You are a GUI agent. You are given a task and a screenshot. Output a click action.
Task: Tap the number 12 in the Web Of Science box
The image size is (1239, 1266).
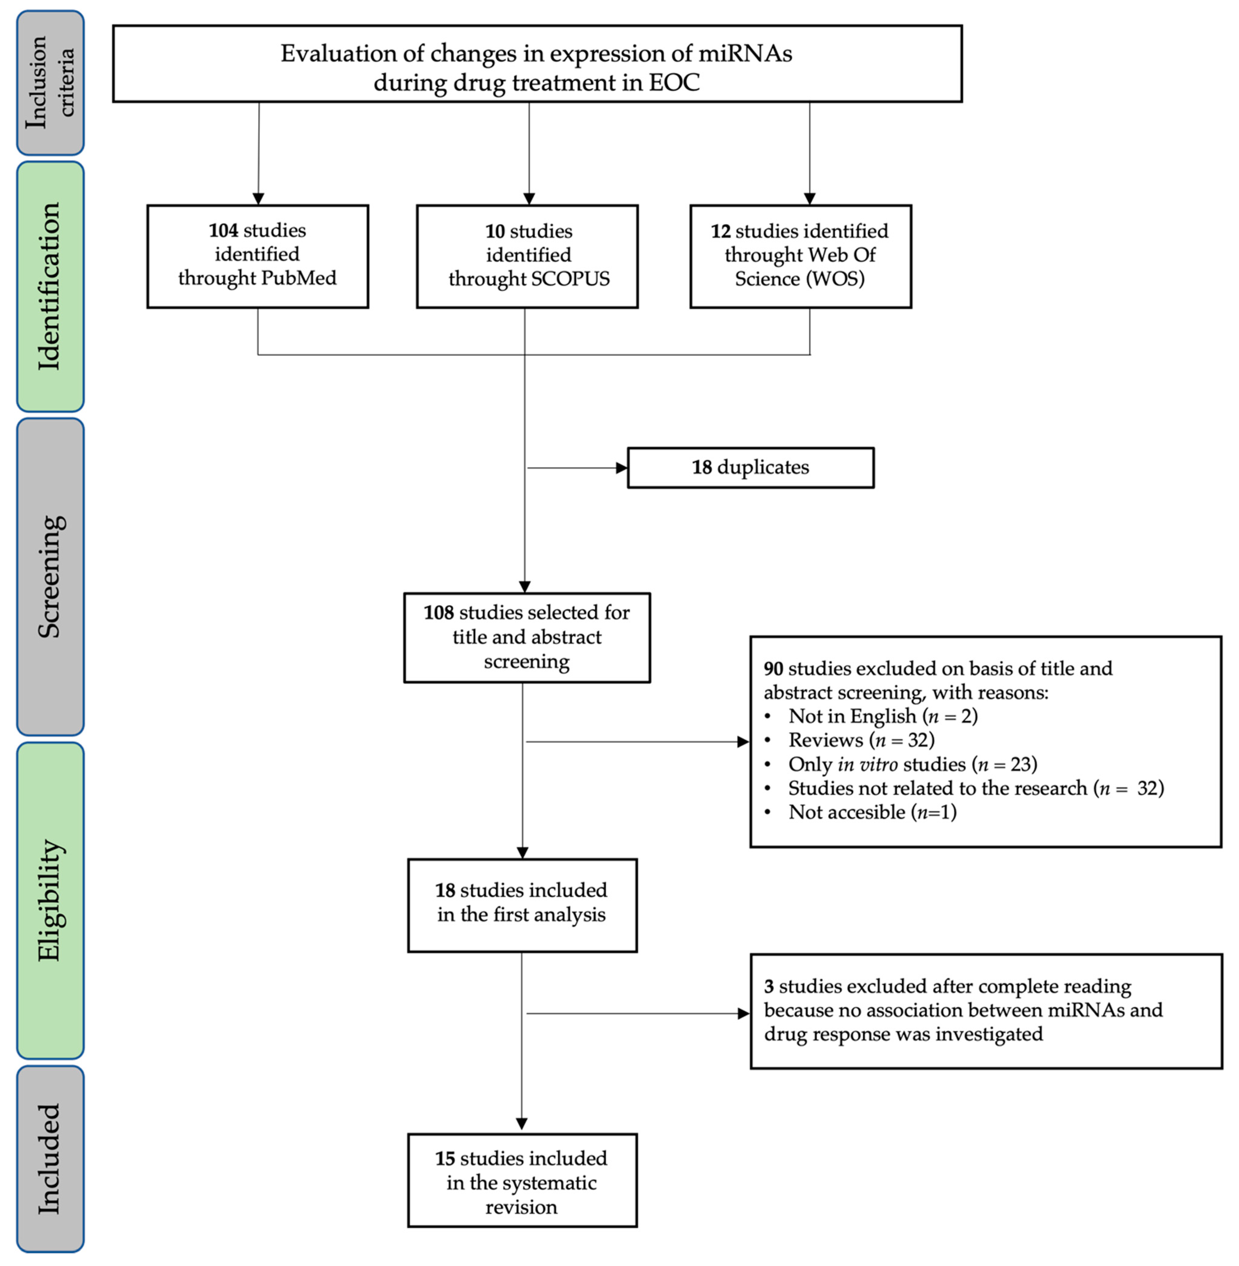pos(720,231)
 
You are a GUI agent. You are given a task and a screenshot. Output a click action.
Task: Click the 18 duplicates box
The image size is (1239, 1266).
pos(750,467)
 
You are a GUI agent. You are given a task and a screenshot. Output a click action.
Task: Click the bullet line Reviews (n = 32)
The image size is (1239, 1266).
pos(861,740)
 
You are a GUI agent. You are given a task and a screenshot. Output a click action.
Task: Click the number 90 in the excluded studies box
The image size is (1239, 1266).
pos(773,669)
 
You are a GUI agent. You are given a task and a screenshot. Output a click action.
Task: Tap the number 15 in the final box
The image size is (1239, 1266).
pos(445,1159)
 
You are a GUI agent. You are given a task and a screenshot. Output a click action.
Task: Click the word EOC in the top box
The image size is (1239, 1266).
pos(674,83)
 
